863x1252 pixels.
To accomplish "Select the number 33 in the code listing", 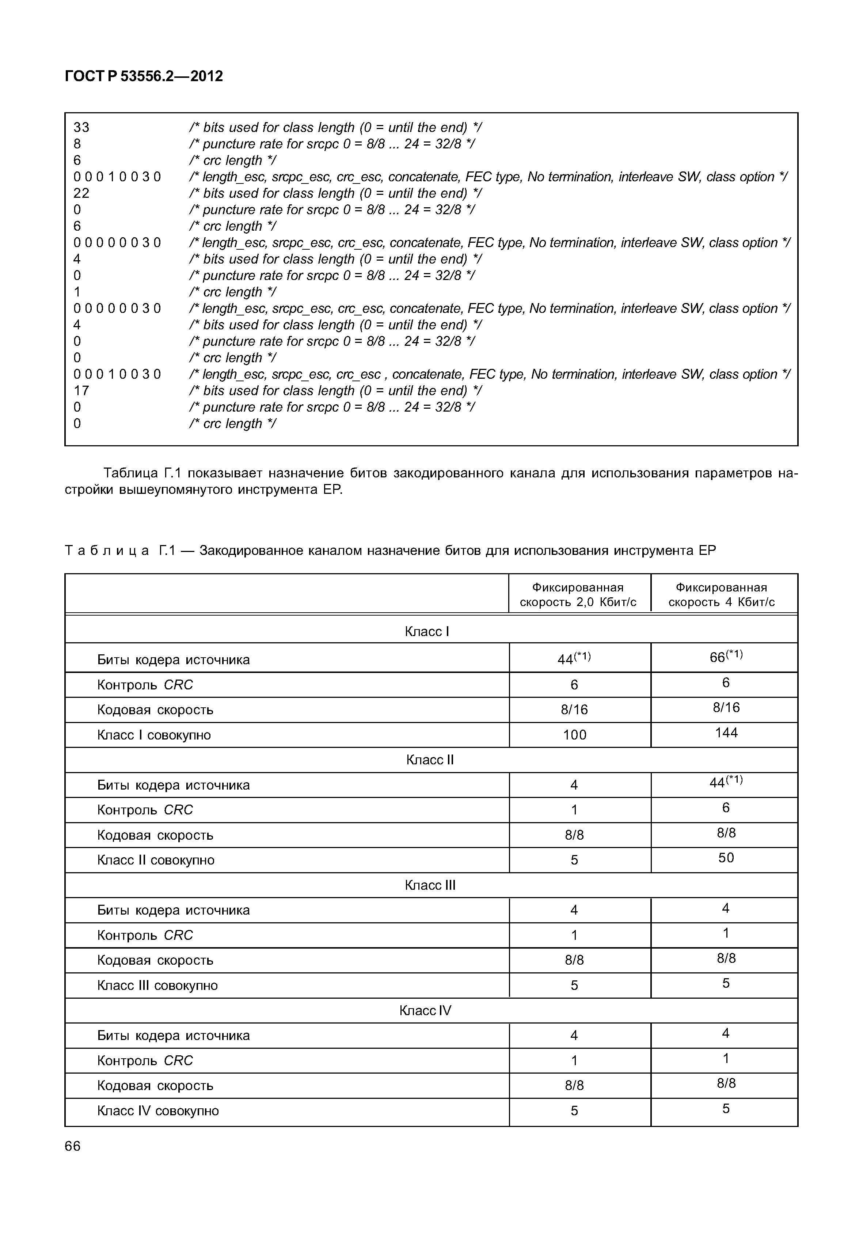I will tap(81, 128).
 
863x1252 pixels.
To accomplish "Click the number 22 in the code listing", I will tap(81, 193).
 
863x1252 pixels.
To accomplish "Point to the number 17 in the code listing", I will tap(81, 391).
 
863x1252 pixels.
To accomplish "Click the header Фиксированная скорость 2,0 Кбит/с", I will tap(578, 595).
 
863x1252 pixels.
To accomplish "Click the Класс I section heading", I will tap(427, 631).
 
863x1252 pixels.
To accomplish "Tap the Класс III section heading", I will tap(430, 885).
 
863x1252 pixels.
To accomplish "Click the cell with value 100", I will tap(574, 735).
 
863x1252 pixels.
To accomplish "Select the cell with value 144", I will tap(726, 733).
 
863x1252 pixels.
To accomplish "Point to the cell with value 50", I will tap(726, 858).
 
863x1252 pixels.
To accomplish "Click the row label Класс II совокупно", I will tap(156, 860).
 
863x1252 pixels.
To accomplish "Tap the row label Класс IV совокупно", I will tap(158, 1111).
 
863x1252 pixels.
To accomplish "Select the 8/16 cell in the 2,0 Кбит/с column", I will tap(574, 709).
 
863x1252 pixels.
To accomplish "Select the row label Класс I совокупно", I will tap(154, 735).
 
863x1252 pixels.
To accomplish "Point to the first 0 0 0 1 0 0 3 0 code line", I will tap(117, 177).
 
